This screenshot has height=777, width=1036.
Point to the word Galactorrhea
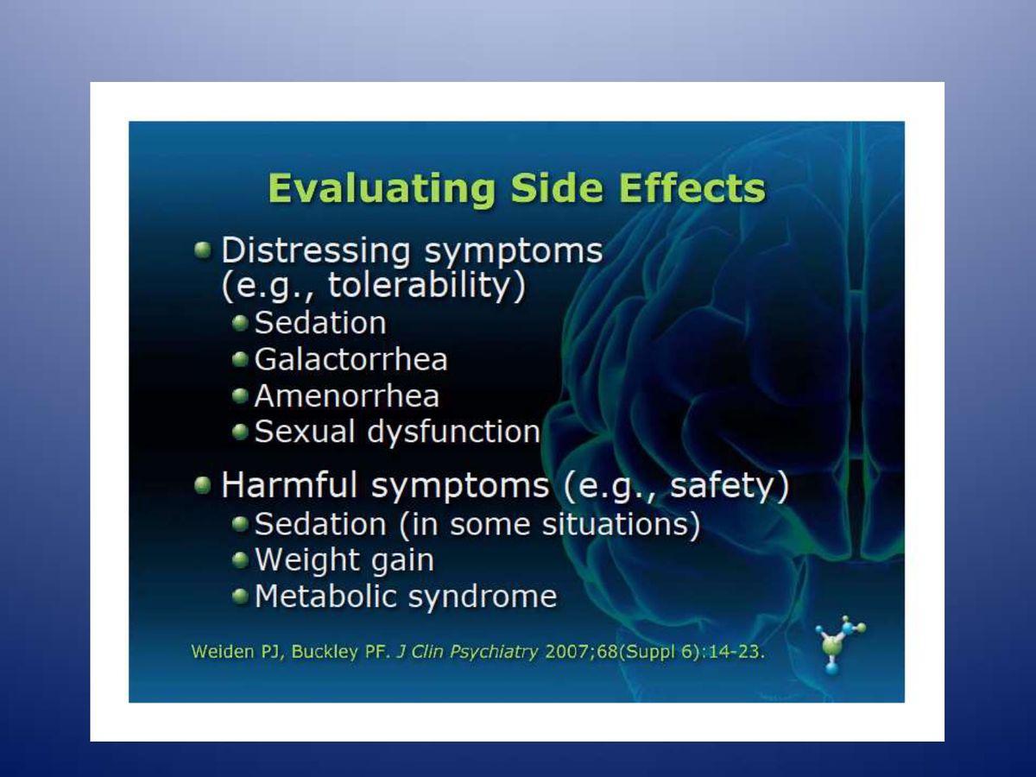tap(351, 359)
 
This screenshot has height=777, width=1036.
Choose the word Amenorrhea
tap(346, 395)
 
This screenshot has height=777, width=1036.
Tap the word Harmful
tap(288, 486)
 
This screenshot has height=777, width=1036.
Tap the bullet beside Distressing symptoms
tap(203, 250)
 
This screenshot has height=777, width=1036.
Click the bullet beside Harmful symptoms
tap(203, 485)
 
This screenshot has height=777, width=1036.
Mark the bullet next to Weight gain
tap(241, 559)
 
